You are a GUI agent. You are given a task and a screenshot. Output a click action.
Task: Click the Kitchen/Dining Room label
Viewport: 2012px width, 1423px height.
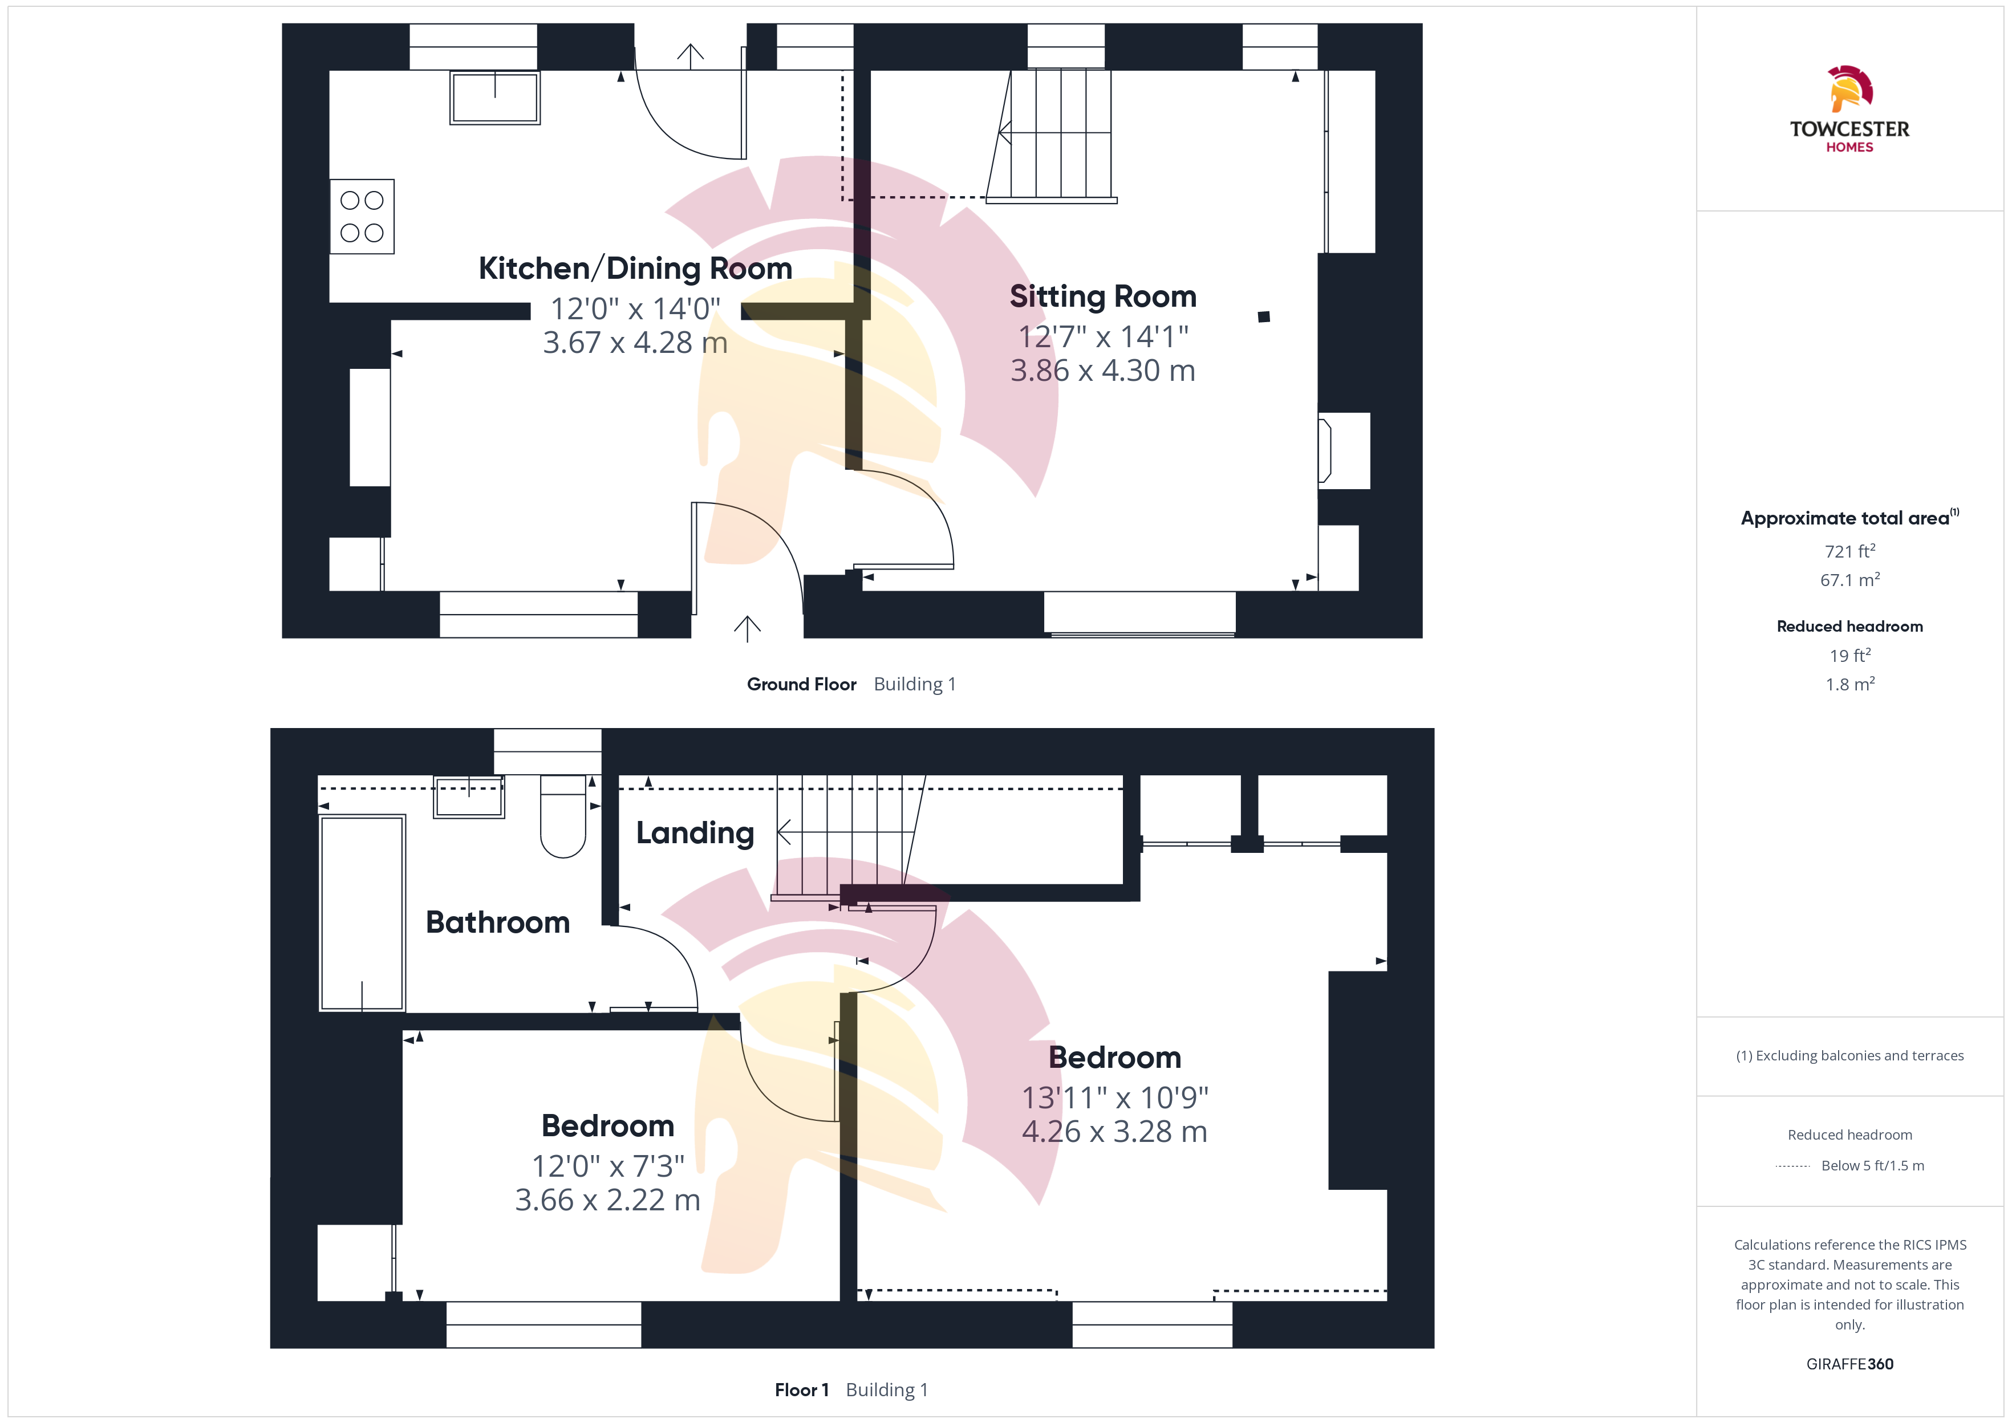coord(635,268)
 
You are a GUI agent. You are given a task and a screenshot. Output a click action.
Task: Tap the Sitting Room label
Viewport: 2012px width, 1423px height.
coord(1102,296)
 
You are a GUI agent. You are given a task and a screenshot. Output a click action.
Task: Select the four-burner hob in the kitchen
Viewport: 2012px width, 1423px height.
coord(362,217)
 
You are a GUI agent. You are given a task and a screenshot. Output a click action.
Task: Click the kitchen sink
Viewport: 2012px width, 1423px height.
coord(495,97)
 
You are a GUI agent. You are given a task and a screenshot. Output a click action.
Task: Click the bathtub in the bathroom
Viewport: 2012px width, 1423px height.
coord(362,913)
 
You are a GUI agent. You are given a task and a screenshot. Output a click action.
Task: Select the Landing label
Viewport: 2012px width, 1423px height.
coord(695,832)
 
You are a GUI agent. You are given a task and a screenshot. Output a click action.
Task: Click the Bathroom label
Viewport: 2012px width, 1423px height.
coord(498,922)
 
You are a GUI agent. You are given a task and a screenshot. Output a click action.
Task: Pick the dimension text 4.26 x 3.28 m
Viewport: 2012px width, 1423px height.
coord(1115,1131)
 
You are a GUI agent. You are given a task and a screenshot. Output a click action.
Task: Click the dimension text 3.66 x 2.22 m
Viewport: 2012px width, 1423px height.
coord(607,1200)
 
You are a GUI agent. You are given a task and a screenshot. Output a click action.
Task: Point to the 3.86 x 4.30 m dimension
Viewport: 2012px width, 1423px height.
coord(1102,371)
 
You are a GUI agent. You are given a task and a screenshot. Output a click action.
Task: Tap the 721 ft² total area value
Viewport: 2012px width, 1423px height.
coord(1850,551)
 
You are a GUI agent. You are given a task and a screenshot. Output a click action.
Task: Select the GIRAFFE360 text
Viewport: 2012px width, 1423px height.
coord(1850,1363)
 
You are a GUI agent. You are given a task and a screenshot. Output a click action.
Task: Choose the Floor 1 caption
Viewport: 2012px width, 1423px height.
coord(802,1390)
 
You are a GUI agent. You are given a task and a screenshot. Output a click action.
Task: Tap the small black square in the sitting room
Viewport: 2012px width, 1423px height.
coord(1264,316)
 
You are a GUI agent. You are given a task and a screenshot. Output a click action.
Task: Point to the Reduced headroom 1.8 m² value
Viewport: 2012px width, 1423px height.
coord(1850,684)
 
